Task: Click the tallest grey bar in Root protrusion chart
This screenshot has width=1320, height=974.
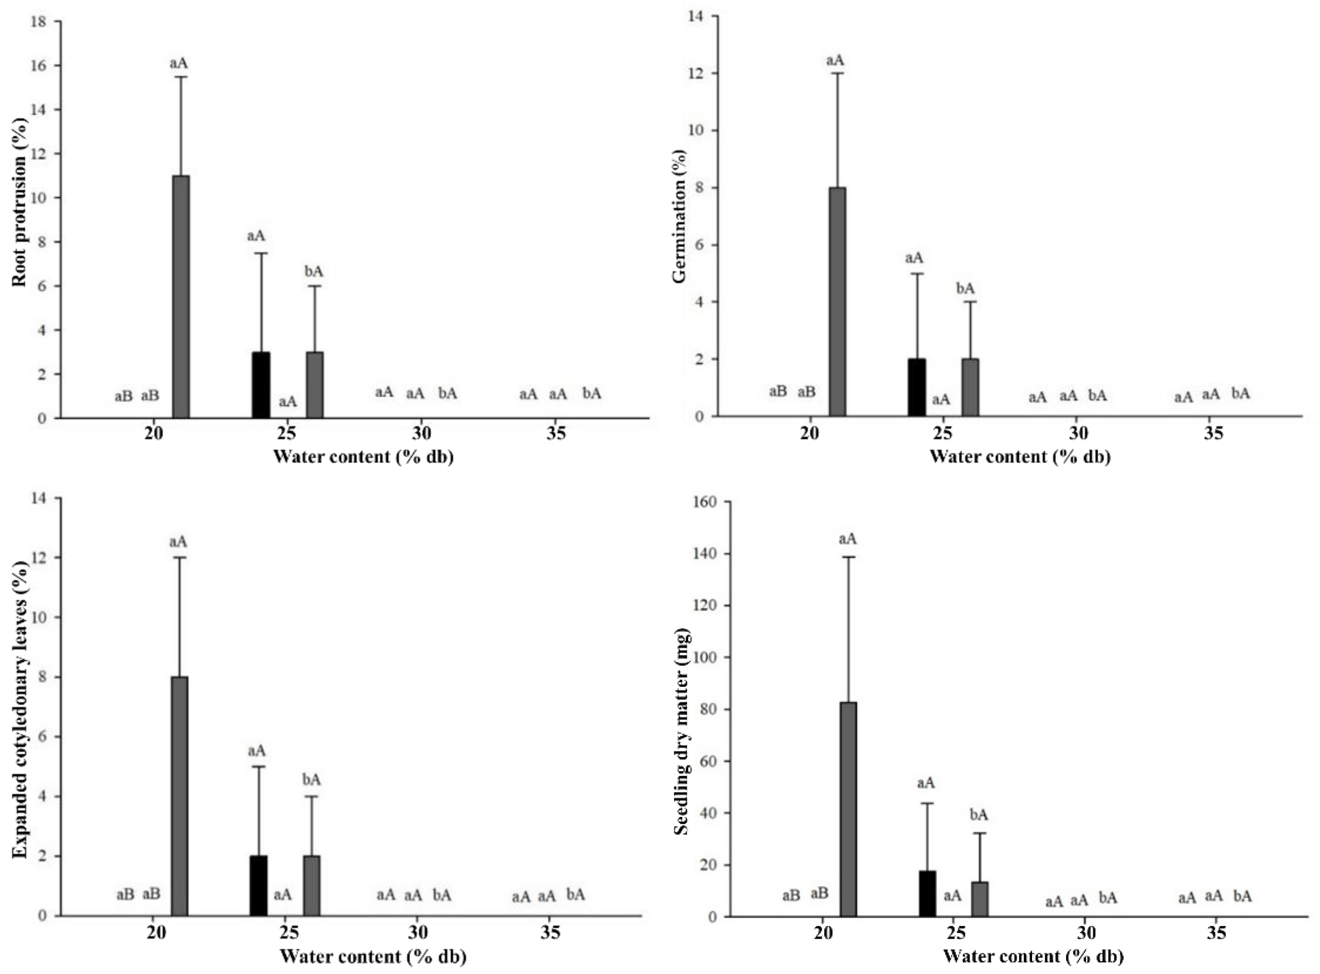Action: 181,297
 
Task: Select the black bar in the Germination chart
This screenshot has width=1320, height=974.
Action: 917,387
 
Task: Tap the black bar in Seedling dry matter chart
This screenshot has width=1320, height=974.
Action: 927,893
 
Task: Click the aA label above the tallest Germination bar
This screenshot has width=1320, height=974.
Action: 835,60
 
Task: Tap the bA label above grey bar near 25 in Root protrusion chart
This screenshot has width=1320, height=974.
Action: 314,271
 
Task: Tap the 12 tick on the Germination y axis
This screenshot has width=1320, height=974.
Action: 699,73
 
